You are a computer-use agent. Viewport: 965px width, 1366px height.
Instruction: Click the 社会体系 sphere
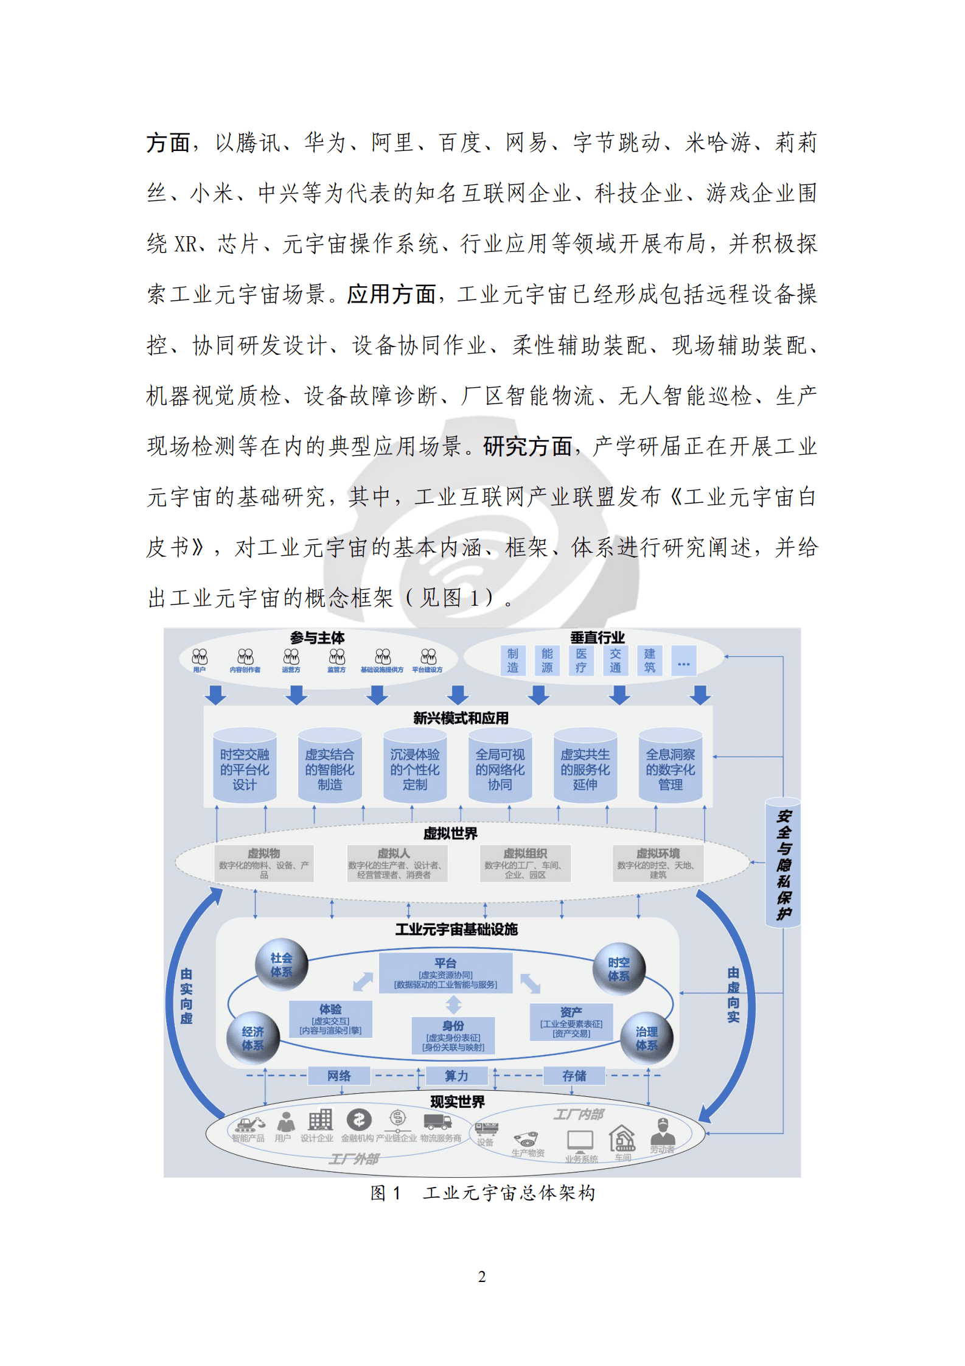(x=281, y=965)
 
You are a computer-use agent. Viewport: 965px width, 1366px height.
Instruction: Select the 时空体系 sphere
(x=619, y=969)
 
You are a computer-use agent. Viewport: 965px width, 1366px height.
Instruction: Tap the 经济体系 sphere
(x=253, y=1038)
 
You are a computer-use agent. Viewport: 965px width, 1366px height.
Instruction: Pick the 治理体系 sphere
(x=646, y=1038)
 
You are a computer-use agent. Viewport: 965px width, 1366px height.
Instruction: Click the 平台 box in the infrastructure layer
(x=445, y=973)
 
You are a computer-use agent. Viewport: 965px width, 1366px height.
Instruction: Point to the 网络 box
(x=339, y=1076)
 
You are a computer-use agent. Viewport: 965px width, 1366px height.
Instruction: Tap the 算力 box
(x=456, y=1076)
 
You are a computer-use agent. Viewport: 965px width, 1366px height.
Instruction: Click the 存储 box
(x=574, y=1076)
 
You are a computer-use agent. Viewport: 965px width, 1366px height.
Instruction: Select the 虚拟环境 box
(x=658, y=863)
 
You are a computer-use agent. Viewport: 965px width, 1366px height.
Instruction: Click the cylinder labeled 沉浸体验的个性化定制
(x=415, y=769)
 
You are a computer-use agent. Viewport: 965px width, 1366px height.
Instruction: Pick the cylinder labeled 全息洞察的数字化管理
(x=671, y=769)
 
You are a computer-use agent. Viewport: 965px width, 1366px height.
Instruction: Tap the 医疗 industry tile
(x=581, y=660)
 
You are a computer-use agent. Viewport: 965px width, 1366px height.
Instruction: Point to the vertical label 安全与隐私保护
(x=784, y=864)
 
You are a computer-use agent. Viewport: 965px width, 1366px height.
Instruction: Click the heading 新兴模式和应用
(x=461, y=718)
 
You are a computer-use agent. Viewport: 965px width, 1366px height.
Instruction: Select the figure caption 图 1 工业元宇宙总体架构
(x=482, y=1193)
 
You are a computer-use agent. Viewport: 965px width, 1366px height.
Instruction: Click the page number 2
(x=482, y=1277)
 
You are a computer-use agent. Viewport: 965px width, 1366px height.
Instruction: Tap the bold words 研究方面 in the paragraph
(x=528, y=446)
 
